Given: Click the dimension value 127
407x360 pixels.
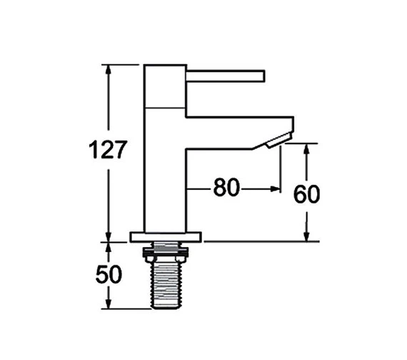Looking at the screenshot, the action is [108, 149].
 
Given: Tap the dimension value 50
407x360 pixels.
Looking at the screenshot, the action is [109, 274].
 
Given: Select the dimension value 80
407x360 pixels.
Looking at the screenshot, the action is [226, 187].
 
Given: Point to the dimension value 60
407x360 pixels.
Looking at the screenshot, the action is [306, 194].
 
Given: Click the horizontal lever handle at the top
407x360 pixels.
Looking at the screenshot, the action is [226, 76].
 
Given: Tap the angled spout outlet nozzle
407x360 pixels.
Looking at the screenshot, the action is [278, 140].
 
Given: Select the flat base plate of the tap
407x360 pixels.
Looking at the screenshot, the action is [166, 237].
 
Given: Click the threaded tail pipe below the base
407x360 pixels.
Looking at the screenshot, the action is [166, 282].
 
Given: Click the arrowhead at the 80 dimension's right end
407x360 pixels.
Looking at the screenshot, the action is [275, 189].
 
